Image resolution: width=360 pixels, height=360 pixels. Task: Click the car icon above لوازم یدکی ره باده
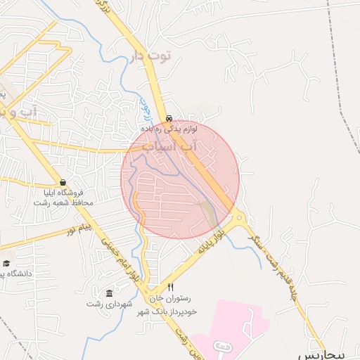[169, 118]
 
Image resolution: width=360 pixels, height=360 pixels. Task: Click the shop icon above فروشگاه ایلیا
[63, 182]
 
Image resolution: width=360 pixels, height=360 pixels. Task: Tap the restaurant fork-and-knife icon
[170, 288]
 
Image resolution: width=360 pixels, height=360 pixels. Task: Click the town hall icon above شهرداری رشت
[108, 293]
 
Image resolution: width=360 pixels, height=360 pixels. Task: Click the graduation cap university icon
[6, 263]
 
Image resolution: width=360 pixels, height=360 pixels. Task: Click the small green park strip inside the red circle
[210, 214]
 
